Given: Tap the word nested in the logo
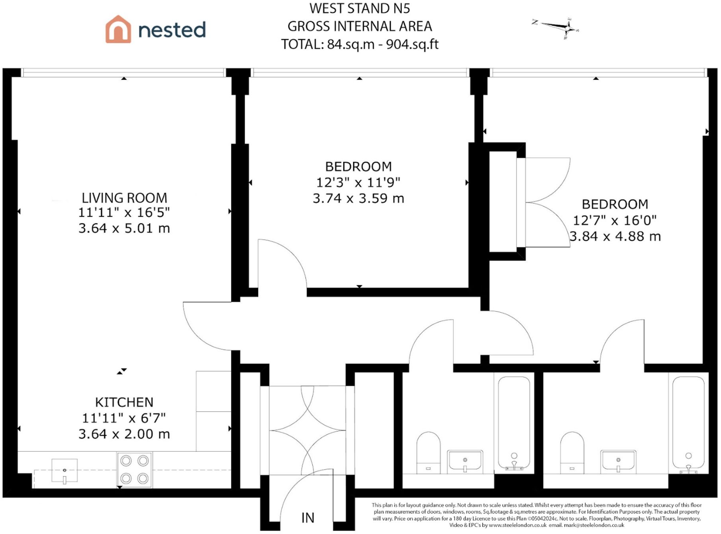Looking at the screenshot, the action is (172, 30).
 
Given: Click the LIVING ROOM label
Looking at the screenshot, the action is (124, 198).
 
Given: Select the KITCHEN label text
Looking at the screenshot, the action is (124, 402).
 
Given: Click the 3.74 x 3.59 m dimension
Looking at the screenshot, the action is (358, 198).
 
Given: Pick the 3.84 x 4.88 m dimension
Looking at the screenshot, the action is (615, 236).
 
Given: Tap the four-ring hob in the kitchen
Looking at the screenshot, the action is (134, 470).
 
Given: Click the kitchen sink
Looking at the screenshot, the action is (65, 471).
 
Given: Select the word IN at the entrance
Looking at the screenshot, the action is (308, 518).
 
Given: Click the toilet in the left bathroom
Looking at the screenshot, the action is (428, 453).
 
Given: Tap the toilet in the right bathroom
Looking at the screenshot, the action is (572, 453).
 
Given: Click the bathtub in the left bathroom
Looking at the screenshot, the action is (514, 423).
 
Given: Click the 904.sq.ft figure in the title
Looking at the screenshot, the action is (412, 44).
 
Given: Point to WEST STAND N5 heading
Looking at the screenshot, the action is (360, 8).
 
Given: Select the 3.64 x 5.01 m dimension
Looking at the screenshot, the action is (124, 228).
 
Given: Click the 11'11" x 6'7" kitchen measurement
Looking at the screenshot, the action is (124, 418).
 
